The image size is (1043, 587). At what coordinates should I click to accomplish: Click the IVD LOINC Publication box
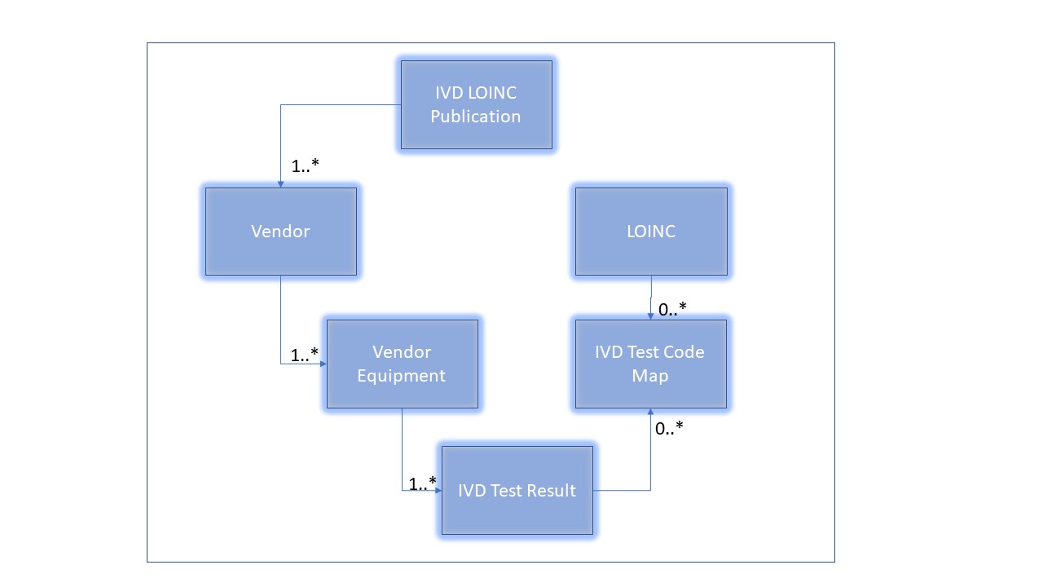[476, 104]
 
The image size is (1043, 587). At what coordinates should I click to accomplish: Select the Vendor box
[280, 232]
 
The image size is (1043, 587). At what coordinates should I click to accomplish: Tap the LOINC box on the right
[650, 232]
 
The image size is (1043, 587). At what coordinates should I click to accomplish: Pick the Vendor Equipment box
[402, 364]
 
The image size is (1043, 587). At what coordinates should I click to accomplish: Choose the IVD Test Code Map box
[650, 364]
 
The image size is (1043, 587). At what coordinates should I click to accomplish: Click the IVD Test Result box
[517, 490]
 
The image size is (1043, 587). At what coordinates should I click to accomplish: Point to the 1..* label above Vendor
[305, 166]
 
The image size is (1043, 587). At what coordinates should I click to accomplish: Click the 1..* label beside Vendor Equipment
[304, 355]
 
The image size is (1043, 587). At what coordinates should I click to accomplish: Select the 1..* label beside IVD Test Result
[423, 483]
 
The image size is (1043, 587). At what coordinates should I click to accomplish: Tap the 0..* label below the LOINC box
[672, 309]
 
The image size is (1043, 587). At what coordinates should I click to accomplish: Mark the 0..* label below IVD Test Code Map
[669, 426]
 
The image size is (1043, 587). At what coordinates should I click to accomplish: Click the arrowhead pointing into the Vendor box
[280, 184]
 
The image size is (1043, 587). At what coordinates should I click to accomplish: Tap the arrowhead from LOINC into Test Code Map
[650, 316]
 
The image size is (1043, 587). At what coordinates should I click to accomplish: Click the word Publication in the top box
[476, 117]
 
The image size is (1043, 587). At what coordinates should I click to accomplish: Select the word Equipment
[402, 376]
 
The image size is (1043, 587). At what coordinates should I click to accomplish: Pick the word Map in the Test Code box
[650, 376]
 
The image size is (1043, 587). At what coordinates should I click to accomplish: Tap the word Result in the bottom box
[552, 491]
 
